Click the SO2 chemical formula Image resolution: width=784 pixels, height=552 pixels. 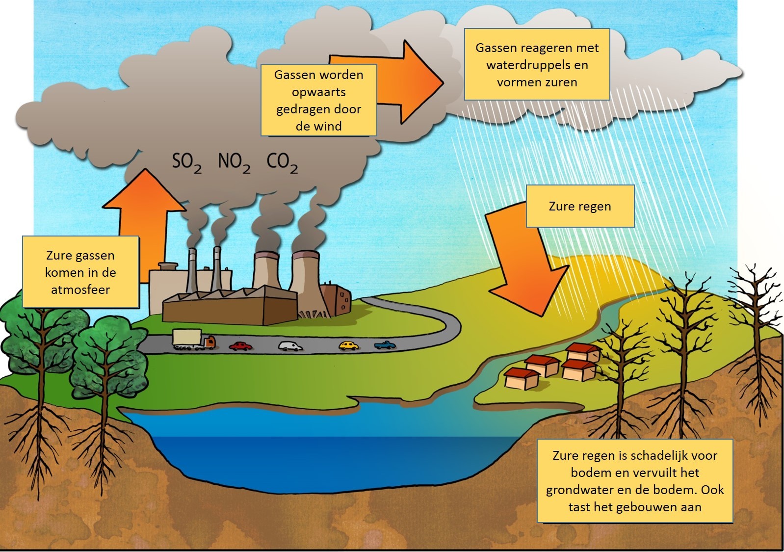point(186,162)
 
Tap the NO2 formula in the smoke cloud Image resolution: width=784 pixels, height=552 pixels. point(234,162)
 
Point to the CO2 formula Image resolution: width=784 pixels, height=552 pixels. point(282,162)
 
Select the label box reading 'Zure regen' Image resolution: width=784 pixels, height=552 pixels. point(580,206)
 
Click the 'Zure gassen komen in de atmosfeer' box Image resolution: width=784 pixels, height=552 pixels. point(80,272)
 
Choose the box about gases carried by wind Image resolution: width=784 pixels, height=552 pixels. point(318,100)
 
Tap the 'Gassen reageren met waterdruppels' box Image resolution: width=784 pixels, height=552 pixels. point(537,64)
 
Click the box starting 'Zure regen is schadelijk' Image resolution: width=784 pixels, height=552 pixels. point(635,481)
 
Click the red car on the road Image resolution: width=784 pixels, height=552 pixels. point(241,346)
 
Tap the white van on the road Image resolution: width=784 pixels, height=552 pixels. point(291,345)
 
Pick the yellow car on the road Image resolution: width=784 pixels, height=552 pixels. point(349,345)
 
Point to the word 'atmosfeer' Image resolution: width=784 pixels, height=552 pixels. point(80,289)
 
